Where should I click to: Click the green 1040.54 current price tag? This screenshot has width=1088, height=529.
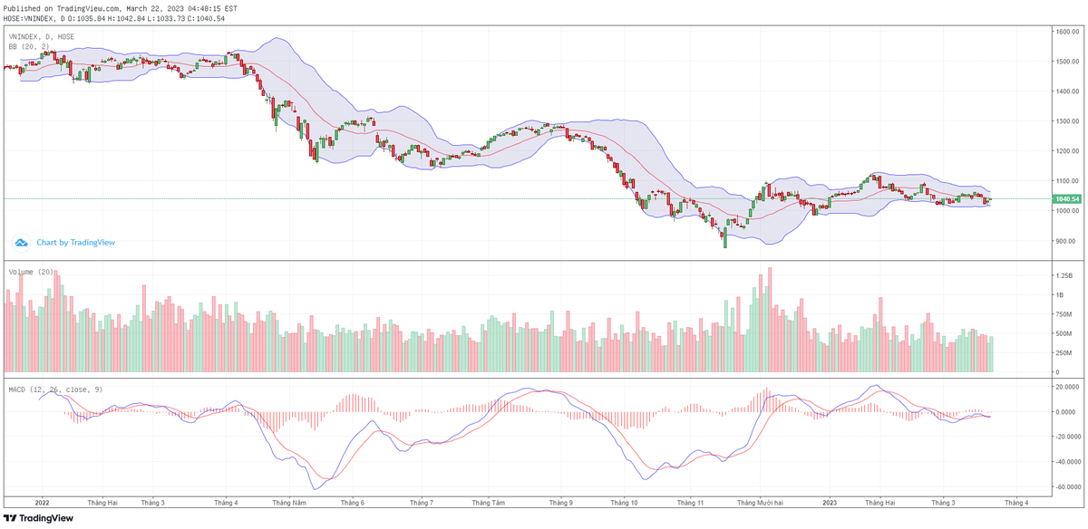tap(1065, 198)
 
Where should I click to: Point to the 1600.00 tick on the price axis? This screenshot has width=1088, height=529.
tap(1065, 32)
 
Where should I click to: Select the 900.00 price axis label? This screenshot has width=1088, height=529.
tap(1064, 241)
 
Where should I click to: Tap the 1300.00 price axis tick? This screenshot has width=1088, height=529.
tap(1065, 121)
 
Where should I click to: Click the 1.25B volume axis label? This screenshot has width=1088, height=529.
tap(1063, 274)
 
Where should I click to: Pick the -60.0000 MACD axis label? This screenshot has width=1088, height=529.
tap(1067, 486)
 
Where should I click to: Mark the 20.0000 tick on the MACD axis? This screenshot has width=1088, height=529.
tap(1065, 387)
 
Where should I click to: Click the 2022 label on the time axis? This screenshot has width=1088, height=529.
tap(41, 501)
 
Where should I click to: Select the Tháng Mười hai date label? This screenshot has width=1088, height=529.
tap(760, 501)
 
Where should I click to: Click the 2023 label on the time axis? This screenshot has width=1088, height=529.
tap(831, 501)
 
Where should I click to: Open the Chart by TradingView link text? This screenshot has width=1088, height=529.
tap(75, 243)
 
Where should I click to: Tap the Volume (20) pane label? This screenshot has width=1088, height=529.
tap(32, 272)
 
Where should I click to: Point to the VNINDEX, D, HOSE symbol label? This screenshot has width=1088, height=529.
tap(42, 36)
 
